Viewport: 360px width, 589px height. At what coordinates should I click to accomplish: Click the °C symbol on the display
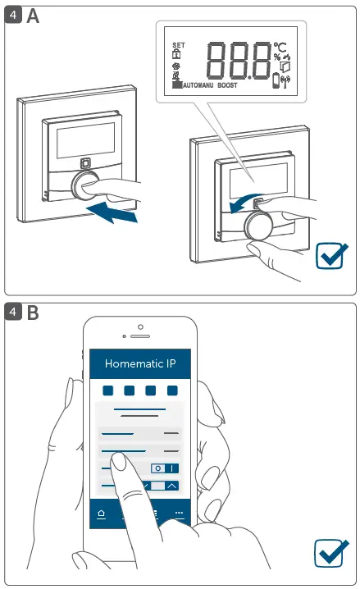coord(281,47)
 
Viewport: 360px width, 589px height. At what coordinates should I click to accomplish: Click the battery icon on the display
coord(276,80)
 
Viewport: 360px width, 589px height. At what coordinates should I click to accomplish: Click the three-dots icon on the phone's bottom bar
coord(178,514)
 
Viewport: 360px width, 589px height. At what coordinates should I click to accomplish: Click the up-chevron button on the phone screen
coord(171,486)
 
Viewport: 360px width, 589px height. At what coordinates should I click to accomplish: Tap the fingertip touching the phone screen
coord(119,462)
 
